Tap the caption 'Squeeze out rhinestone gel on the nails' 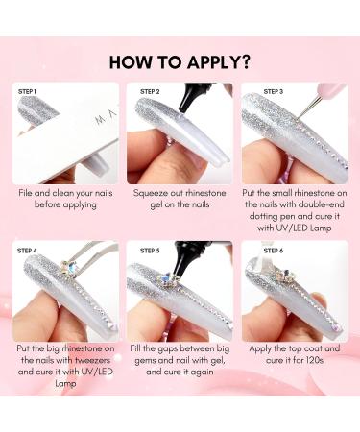(180, 203)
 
